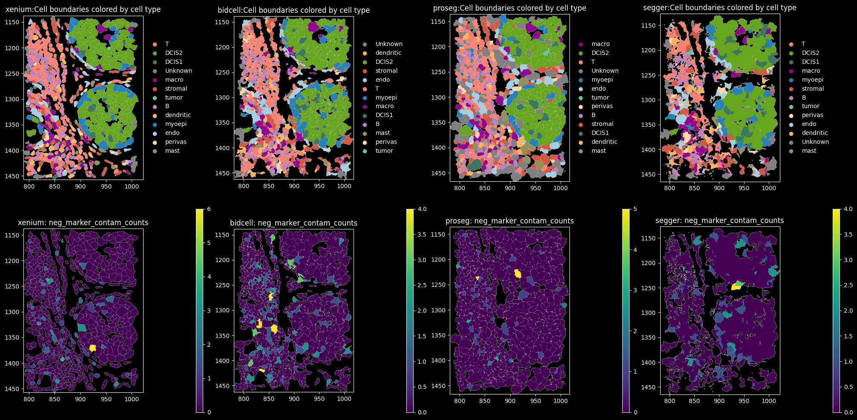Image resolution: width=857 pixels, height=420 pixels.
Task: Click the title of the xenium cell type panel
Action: (x=83, y=9)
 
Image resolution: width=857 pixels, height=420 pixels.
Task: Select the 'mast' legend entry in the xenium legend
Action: (x=172, y=151)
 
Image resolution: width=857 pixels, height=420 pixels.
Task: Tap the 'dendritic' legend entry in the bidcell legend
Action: (x=388, y=53)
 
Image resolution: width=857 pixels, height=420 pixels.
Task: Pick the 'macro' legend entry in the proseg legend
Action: (x=600, y=44)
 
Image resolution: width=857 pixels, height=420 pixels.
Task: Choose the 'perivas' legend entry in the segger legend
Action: (x=812, y=115)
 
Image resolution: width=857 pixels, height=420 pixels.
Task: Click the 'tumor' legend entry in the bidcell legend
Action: (x=384, y=151)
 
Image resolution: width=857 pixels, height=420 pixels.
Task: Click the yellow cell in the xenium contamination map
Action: (x=92, y=348)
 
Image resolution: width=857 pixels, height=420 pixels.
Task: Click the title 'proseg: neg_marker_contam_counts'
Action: (x=509, y=221)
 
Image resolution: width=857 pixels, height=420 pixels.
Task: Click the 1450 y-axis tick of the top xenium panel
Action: (x=12, y=176)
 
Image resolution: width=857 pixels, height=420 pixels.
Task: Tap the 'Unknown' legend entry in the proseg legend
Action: (x=604, y=71)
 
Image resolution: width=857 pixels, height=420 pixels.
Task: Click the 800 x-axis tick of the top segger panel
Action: (x=670, y=188)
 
